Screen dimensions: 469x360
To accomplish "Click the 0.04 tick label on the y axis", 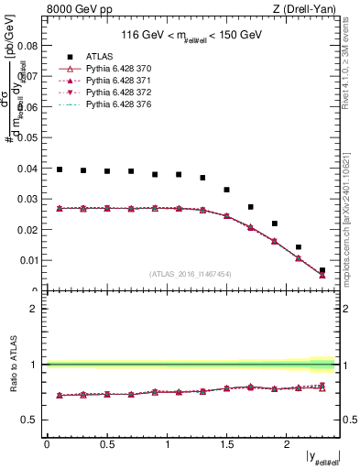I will point(27,168).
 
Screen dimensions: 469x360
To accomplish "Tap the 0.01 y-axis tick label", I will point(27,260).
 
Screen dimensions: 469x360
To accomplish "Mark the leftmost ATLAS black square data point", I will point(60,169).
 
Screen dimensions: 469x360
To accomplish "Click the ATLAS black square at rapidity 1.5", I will point(227,190).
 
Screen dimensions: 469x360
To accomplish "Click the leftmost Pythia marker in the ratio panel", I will point(60,395).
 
